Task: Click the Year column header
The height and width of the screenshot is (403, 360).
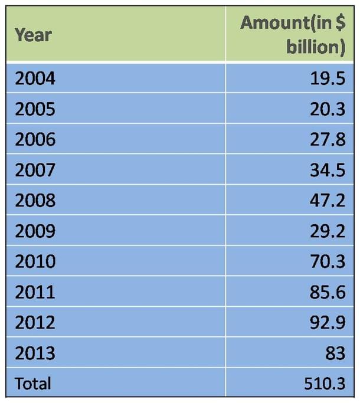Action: tap(33, 35)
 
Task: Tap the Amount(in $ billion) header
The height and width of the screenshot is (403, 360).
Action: tap(293, 35)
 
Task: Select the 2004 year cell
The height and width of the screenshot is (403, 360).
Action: tap(35, 78)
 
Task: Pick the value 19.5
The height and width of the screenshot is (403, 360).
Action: tap(328, 78)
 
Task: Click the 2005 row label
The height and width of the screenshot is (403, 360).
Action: tap(35, 109)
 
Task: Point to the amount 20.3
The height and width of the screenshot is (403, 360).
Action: tap(328, 109)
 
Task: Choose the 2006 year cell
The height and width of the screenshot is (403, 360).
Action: tap(35, 139)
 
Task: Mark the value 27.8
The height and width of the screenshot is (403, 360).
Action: tap(328, 139)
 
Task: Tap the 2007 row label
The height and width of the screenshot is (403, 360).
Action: tap(35, 170)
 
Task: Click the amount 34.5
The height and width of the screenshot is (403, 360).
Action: tap(328, 170)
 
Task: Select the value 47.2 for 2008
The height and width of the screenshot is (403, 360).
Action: tap(328, 200)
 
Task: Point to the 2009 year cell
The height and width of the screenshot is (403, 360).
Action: tap(35, 231)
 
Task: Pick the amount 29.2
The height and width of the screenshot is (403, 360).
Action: tap(328, 231)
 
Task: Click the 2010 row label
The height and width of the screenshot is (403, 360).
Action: tap(35, 261)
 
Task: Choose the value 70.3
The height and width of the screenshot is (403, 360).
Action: tap(328, 261)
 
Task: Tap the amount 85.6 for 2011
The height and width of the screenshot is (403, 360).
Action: tap(328, 292)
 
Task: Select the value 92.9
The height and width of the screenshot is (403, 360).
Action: tap(328, 322)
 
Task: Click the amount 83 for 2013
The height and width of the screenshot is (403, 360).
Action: tap(335, 353)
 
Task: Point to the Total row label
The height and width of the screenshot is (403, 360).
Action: tap(33, 384)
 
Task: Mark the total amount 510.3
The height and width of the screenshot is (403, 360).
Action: tap(325, 384)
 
